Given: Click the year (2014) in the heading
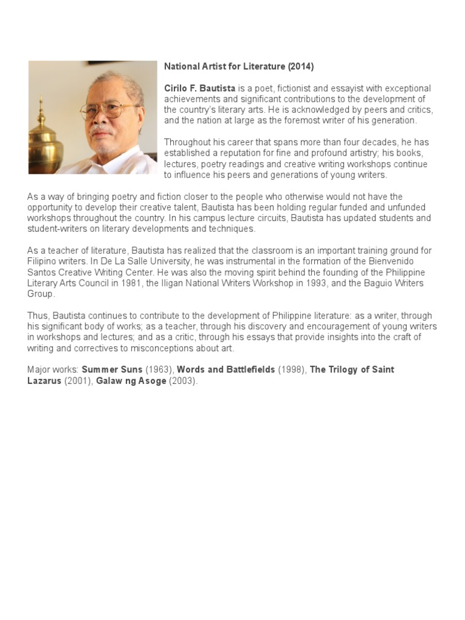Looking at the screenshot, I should point(301,67).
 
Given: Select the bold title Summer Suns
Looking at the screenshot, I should point(112,369).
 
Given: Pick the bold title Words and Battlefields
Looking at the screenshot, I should point(226,369).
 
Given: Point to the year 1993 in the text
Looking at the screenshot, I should point(329,283).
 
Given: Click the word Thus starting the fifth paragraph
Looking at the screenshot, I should point(38,315).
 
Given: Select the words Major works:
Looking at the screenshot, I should point(53,369).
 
